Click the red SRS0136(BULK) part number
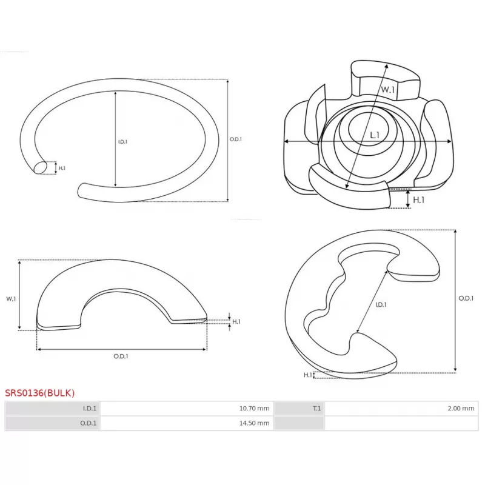point(39,393)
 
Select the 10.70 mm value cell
point(187,408)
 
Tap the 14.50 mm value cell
point(187,423)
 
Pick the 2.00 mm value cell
point(401,408)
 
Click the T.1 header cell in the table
point(299,408)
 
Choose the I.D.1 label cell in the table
point(53,408)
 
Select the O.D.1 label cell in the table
point(53,423)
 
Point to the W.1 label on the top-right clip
point(388,90)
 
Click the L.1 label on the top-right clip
point(375,135)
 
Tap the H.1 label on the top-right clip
point(418,200)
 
